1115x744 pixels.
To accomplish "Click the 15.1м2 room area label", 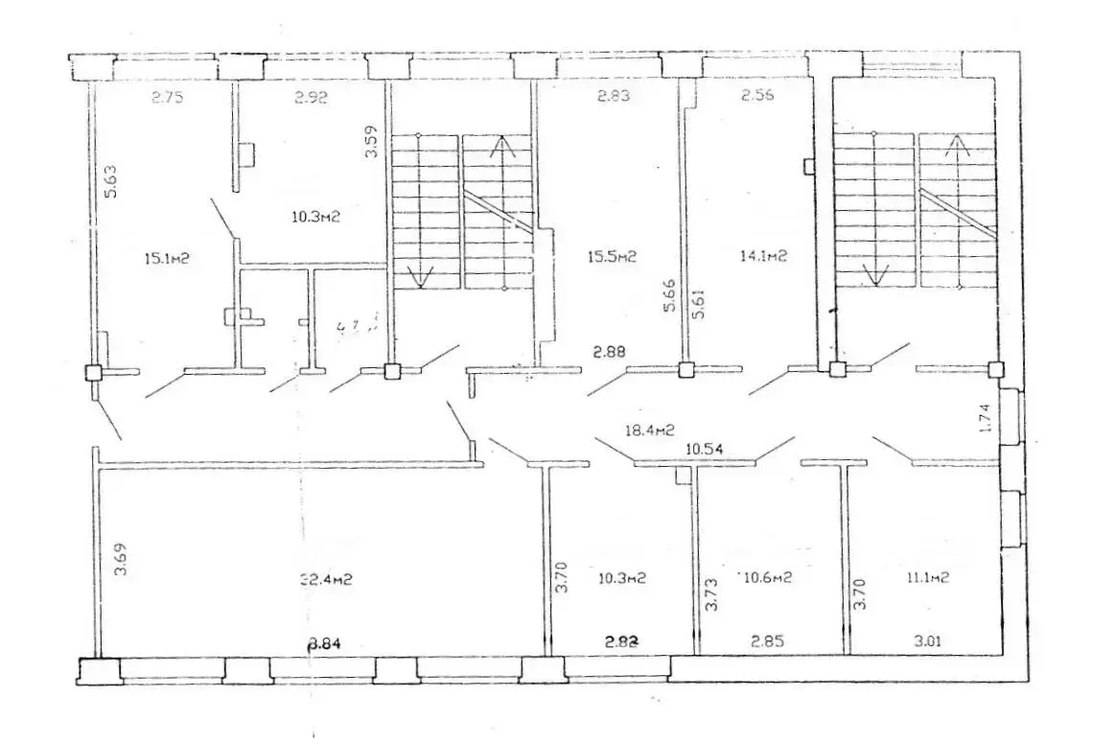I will pos(164,258).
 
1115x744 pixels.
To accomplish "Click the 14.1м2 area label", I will pos(763,256).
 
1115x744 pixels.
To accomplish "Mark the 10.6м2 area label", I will pos(764,577).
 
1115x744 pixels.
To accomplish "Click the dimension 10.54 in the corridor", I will pos(705,448).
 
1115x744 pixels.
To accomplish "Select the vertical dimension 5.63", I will pos(110,182).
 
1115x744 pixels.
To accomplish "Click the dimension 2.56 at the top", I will pos(757,96).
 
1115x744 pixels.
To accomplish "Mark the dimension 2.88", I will pos(609,353).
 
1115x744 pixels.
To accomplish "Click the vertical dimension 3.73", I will pos(712,595).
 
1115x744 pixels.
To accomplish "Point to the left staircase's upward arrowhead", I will pos(499,147).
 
